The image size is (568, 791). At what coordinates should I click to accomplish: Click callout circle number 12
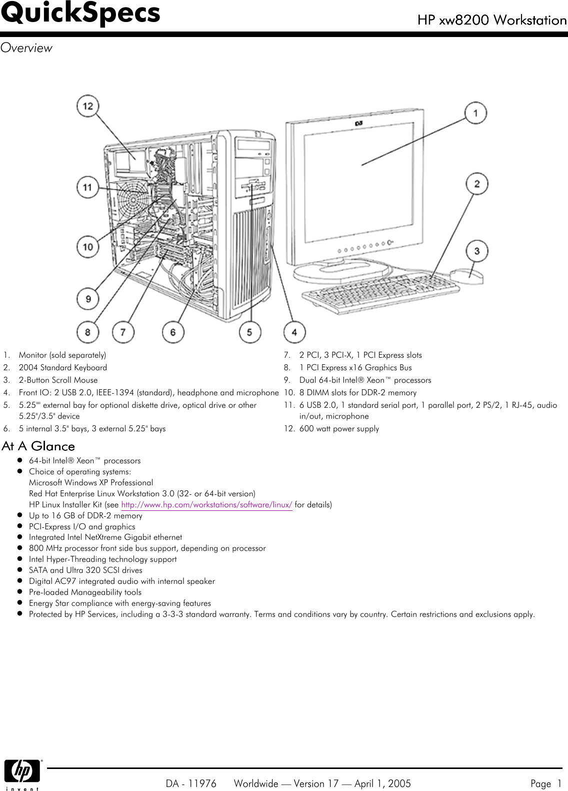tap(87, 106)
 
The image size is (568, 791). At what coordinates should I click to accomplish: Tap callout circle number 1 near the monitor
tap(476, 113)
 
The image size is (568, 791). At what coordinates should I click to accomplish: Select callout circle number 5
tap(249, 332)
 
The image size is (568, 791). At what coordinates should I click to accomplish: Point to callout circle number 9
tap(88, 299)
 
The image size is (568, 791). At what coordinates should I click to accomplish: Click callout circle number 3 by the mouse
tap(477, 251)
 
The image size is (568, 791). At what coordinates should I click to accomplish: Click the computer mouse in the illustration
tap(467, 276)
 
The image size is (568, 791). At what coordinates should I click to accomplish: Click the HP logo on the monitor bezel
tap(358, 123)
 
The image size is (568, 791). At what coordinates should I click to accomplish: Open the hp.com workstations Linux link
tap(207, 504)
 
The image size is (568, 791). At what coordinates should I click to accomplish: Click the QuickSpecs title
tap(80, 13)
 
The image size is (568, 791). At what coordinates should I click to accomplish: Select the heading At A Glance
tap(38, 446)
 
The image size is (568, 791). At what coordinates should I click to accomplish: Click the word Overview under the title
tap(26, 48)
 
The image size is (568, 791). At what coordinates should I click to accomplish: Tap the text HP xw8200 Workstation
tap(492, 20)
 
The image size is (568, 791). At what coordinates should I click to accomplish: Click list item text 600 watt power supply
tap(339, 429)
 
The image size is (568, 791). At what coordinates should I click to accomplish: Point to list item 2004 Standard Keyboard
tap(62, 367)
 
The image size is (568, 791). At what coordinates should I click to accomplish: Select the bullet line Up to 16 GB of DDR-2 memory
tap(85, 515)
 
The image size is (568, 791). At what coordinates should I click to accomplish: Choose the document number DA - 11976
tap(191, 783)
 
